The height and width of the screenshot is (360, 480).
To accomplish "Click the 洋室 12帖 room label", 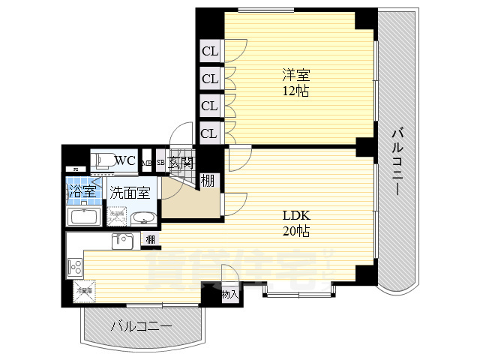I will pyautogui.click(x=295, y=82).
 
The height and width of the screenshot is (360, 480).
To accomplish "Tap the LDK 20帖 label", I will pyautogui.click(x=295, y=222).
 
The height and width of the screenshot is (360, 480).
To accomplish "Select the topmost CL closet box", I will pyautogui.click(x=209, y=52).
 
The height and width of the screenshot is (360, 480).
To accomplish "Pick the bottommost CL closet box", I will pyautogui.click(x=209, y=133).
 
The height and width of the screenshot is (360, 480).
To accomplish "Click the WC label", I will pyautogui.click(x=125, y=160).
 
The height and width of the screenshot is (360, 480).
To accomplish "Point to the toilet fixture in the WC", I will pyautogui.click(x=103, y=160).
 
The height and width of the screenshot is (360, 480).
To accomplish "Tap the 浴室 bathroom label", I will pyautogui.click(x=82, y=190).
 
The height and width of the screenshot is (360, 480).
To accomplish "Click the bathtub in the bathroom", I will pyautogui.click(x=83, y=217).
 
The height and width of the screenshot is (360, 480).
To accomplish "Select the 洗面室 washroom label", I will pyautogui.click(x=130, y=192).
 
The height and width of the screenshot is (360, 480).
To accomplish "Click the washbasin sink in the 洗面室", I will pyautogui.click(x=142, y=218).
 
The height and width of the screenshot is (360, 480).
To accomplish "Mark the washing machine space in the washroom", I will pyautogui.click(x=117, y=217).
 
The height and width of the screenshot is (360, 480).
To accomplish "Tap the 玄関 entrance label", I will pyautogui.click(x=181, y=162).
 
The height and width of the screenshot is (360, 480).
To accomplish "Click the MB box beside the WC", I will pyautogui.click(x=147, y=162).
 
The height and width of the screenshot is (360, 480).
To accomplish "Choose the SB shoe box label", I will pyautogui.click(x=160, y=162).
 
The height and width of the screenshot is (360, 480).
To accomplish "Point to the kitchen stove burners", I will pyautogui.click(x=75, y=265).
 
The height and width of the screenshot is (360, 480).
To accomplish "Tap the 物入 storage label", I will pyautogui.click(x=229, y=295).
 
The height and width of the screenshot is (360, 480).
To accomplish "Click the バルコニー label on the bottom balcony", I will pyautogui.click(x=141, y=327).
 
